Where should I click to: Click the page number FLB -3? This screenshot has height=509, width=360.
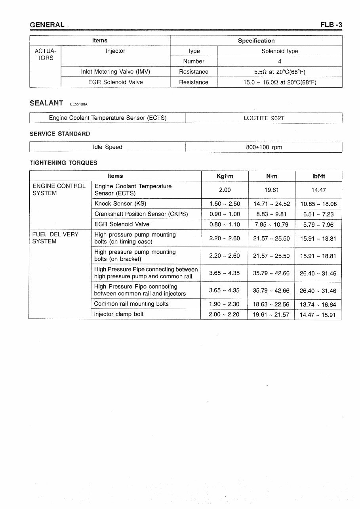[331, 25]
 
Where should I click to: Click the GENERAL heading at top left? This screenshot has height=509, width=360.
[47, 25]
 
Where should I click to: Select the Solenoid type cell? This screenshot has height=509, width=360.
[280, 51]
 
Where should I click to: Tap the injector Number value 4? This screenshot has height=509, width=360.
[280, 61]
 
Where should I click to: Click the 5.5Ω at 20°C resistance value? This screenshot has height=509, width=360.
[280, 72]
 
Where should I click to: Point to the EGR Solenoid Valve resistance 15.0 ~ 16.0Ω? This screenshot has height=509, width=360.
[280, 82]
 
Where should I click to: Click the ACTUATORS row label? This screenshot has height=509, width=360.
[45, 55]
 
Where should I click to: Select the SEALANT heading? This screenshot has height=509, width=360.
[46, 103]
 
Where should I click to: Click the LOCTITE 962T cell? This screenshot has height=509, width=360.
[264, 118]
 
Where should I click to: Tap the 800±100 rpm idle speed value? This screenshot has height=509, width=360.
[264, 147]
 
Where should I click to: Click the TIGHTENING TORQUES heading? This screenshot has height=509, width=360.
[63, 163]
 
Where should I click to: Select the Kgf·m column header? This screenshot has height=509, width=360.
[225, 176]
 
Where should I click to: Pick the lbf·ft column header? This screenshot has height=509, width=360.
[318, 176]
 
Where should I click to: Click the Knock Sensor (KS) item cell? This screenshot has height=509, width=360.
[120, 204]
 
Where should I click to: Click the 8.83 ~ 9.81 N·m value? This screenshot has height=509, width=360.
[271, 214]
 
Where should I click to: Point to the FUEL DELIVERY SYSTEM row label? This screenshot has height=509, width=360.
[55, 238]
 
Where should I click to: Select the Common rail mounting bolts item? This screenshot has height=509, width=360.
[131, 304]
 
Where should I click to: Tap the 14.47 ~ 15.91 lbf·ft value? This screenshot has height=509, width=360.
[318, 315]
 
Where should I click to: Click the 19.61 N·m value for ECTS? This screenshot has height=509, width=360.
[271, 190]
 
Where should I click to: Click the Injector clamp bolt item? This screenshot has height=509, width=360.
[119, 314]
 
